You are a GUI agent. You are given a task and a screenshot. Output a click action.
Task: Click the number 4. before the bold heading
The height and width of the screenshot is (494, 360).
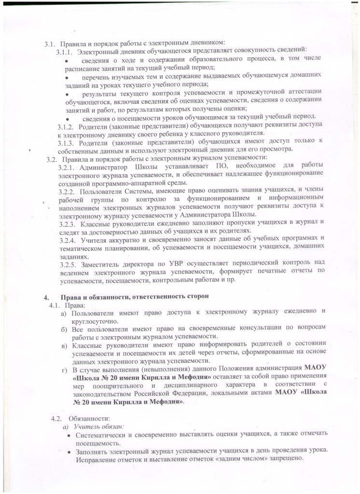pyautogui.click(x=47, y=295)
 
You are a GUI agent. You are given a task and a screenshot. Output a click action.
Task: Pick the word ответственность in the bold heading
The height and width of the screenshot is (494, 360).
pyautogui.click(x=158, y=295)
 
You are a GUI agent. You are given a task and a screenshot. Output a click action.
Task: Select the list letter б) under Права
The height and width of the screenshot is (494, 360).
pyautogui.click(x=64, y=328)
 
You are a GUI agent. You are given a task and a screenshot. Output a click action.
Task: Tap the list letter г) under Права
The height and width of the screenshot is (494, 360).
pyautogui.click(x=64, y=369)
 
